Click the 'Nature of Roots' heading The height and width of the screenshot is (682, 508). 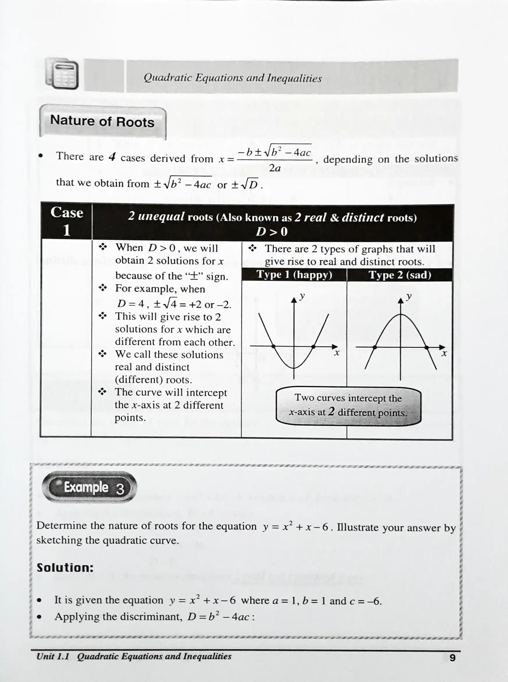pos(102,121)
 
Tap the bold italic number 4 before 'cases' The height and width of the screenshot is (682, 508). pos(112,157)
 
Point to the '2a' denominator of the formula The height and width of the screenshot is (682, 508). pos(275,168)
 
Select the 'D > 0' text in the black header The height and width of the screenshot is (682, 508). pos(272,232)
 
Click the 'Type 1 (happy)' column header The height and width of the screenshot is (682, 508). pos(294,274)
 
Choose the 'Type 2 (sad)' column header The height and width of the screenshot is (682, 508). pos(399,275)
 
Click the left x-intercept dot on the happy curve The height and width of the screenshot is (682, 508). pos(274,346)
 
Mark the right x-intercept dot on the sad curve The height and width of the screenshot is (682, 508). pos(426,347)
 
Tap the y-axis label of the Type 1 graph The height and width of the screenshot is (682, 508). pos(302,296)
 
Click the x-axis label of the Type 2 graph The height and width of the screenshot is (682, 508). pos(444,354)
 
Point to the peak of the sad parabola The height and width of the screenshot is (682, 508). pos(400,315)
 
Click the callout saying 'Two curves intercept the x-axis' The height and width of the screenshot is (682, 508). pos(348,406)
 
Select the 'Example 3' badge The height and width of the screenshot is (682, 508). pos(89,487)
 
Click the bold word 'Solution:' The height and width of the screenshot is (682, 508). pos(65,568)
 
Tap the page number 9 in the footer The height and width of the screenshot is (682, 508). pos(452,658)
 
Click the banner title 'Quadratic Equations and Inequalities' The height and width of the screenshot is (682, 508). pos(233,78)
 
